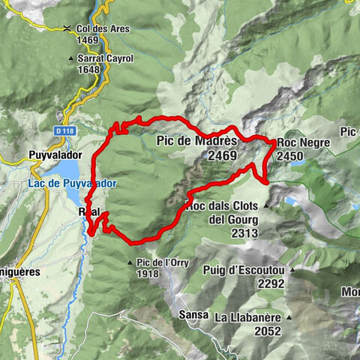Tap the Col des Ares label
point(102,28)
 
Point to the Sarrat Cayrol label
point(104,58)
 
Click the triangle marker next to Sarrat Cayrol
point(70,58)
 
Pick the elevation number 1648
point(88,69)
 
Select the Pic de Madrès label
point(196,140)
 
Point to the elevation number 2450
point(289,157)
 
